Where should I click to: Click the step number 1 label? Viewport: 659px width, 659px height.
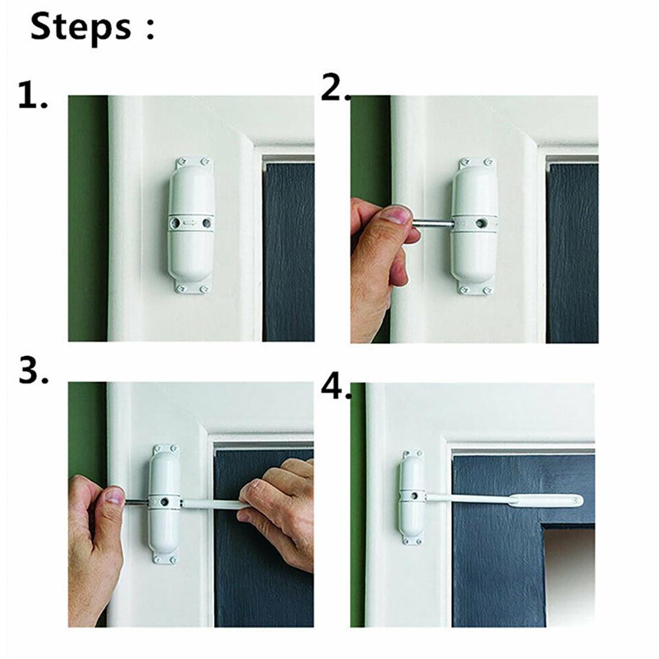coord(32,96)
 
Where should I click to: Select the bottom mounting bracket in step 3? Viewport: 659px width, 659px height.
coord(165,559)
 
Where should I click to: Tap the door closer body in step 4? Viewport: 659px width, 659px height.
coord(413,498)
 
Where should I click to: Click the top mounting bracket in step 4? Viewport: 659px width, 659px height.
coord(413,455)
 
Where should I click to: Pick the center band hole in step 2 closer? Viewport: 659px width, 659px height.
coord(489,224)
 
